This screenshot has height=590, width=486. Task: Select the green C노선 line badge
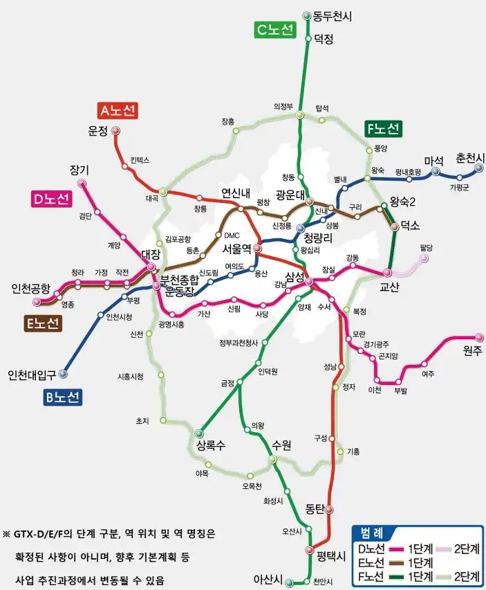(274, 30)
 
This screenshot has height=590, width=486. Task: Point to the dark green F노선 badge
(383, 129)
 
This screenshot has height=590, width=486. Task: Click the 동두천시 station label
(332, 15)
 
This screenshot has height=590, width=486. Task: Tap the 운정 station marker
(116, 130)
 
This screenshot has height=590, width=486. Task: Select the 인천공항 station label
(31, 288)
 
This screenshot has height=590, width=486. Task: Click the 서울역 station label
(236, 248)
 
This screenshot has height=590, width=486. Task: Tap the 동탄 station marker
(329, 510)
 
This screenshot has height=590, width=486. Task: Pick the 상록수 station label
(211, 445)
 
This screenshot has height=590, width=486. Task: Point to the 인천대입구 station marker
(64, 373)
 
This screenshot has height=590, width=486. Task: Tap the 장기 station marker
(82, 184)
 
